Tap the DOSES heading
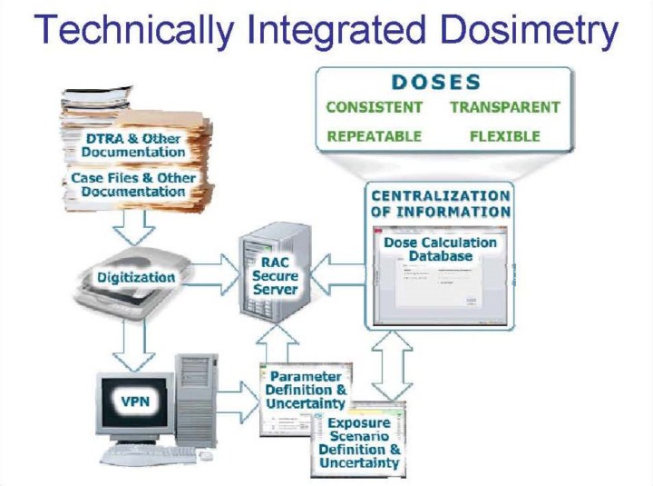click(437, 82)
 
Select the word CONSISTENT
click(375, 107)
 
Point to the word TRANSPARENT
click(505, 107)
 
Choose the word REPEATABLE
click(374, 136)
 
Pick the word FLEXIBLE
click(505, 136)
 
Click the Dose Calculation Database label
click(440, 249)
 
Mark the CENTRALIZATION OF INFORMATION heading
click(440, 203)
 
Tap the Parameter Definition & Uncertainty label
click(306, 390)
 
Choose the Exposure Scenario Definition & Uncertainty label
click(359, 443)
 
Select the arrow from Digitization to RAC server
click(215, 274)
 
